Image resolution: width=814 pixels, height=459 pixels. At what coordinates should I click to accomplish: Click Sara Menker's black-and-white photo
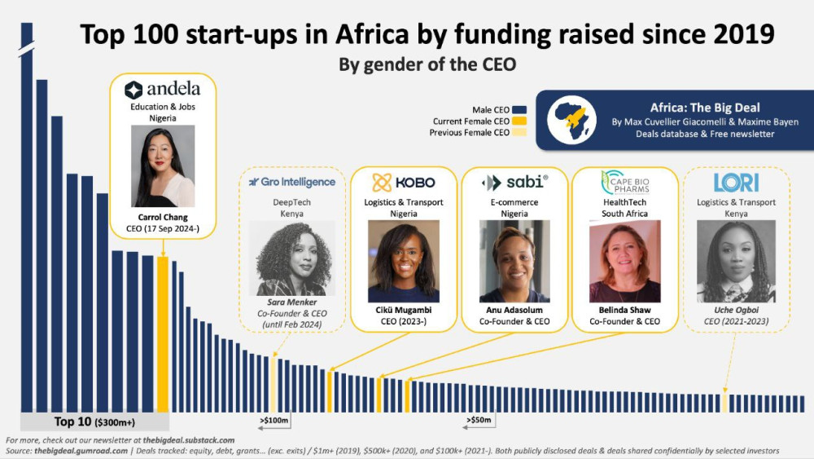pos(291,258)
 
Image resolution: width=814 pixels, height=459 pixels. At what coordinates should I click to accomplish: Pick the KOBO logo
pos(404,182)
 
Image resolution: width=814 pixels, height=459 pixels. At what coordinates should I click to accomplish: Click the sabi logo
pos(514,182)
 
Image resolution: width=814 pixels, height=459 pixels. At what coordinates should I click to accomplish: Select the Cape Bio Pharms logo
pos(624,182)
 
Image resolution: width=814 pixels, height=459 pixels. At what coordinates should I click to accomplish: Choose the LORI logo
pos(736,182)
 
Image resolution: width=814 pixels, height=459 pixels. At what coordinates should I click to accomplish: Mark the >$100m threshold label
pos(274,421)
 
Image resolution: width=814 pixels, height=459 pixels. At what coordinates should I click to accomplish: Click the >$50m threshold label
pos(479,421)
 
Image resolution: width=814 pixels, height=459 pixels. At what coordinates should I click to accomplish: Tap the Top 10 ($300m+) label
pos(94,421)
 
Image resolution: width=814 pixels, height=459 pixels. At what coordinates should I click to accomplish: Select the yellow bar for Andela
pos(162,334)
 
